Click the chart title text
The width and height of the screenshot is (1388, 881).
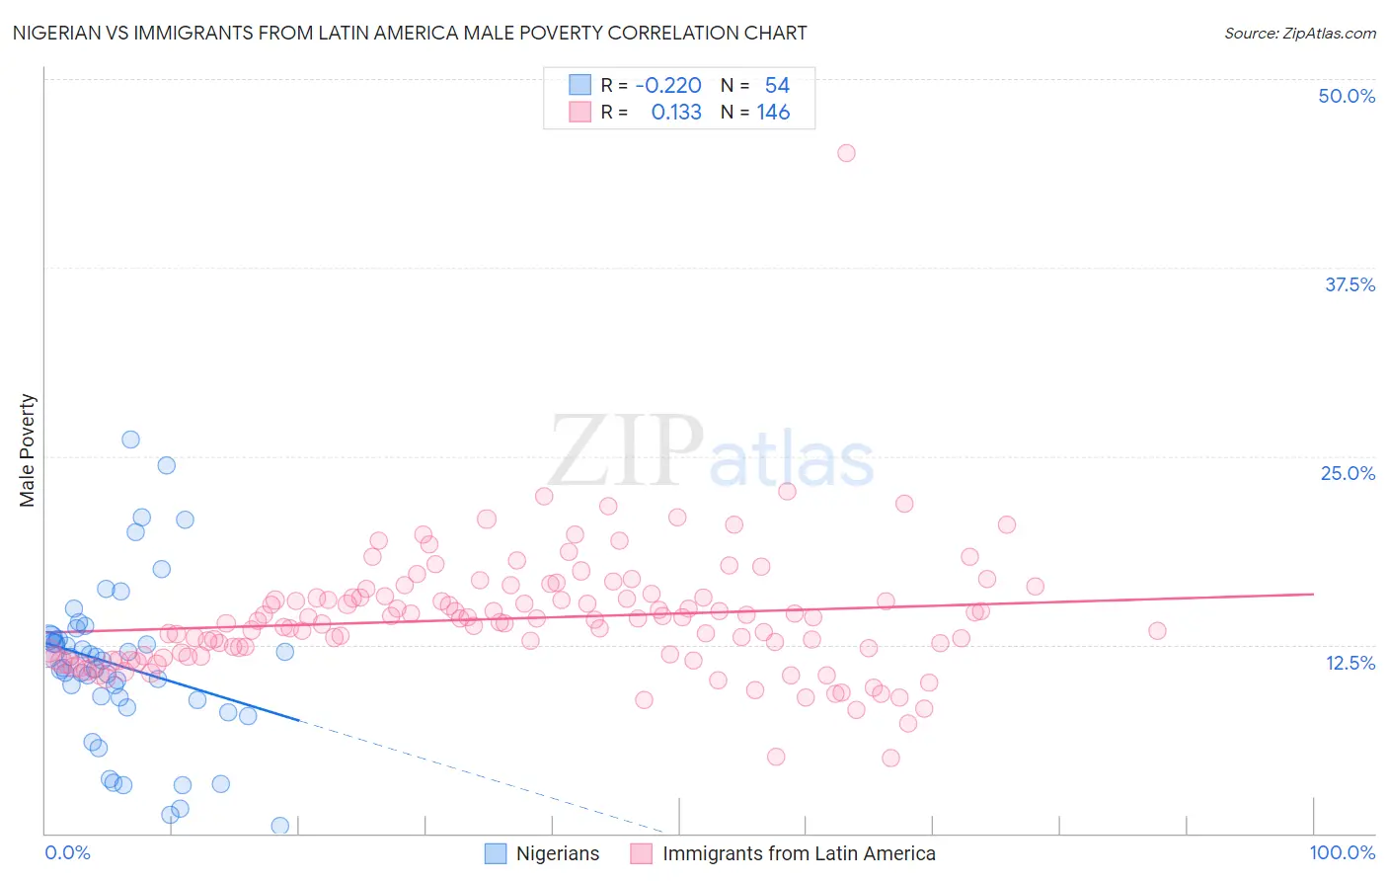410,33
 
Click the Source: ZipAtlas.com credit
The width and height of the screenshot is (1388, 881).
1299,33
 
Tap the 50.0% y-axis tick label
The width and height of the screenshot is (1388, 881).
1347,96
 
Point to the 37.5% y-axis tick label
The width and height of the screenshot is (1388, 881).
1349,284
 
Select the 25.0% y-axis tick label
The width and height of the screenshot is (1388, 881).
1348,473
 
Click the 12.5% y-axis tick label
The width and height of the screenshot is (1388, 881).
1349,662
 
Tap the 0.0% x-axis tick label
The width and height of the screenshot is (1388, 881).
67,852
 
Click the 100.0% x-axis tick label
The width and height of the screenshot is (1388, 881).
1342,852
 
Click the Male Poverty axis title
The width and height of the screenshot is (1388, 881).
28,450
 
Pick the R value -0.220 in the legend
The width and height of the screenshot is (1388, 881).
668,86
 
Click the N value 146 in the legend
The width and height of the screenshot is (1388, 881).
773,113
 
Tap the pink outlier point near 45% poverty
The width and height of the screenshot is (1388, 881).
846,153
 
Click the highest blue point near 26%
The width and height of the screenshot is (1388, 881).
130,440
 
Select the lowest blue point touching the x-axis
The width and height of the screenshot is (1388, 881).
280,826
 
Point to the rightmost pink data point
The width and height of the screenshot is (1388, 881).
1157,630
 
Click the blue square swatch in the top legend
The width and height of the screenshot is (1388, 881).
579,86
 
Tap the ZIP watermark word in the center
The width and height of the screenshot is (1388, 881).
626,452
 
